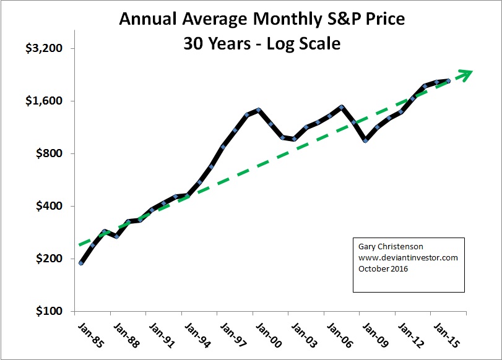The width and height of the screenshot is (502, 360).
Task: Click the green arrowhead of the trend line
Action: point(466,73)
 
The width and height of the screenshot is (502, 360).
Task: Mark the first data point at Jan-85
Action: point(81,264)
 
